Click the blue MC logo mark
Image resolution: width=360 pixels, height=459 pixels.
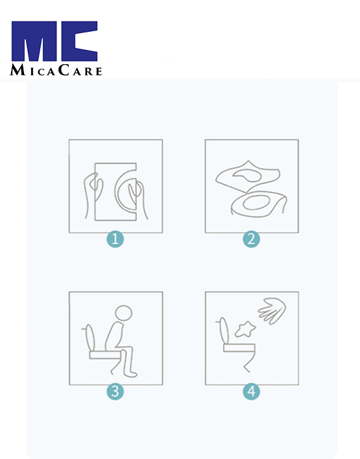click(54, 41)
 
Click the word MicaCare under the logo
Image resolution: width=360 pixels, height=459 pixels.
click(56, 70)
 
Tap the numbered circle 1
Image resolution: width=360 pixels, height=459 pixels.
click(115, 239)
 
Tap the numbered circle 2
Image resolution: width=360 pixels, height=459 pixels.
click(251, 239)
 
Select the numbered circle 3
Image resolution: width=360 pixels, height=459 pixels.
click(115, 392)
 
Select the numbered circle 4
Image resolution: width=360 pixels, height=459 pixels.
click(251, 392)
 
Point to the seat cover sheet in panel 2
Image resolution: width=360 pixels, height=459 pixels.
click(248, 176)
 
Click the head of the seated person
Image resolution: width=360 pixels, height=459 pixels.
click(124, 313)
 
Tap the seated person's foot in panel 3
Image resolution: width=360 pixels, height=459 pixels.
click(130, 374)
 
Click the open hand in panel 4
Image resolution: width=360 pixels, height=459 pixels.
click(272, 311)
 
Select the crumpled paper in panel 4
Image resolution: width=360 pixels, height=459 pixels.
click(245, 329)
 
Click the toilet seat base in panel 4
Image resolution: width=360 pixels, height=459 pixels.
click(239, 348)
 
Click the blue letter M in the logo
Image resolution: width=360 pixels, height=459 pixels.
click(34, 41)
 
